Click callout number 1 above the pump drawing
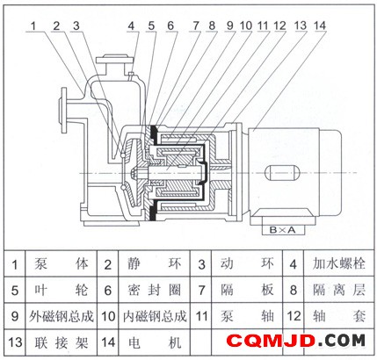point(33,25)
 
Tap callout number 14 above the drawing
point(320,25)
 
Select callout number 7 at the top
point(196,25)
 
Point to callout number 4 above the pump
point(131,25)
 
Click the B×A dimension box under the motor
point(283,230)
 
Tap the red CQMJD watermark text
point(271,341)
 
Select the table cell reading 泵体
point(62,263)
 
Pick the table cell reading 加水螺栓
point(339,263)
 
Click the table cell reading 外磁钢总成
point(62,316)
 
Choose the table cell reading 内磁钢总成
point(155,316)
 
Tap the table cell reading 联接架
point(62,342)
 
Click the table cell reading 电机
point(155,342)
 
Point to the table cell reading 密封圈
point(155,290)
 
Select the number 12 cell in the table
point(294,316)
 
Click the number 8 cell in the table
point(294,290)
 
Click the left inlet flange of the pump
point(63,111)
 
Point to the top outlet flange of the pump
point(115,60)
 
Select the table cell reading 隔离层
point(339,290)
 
